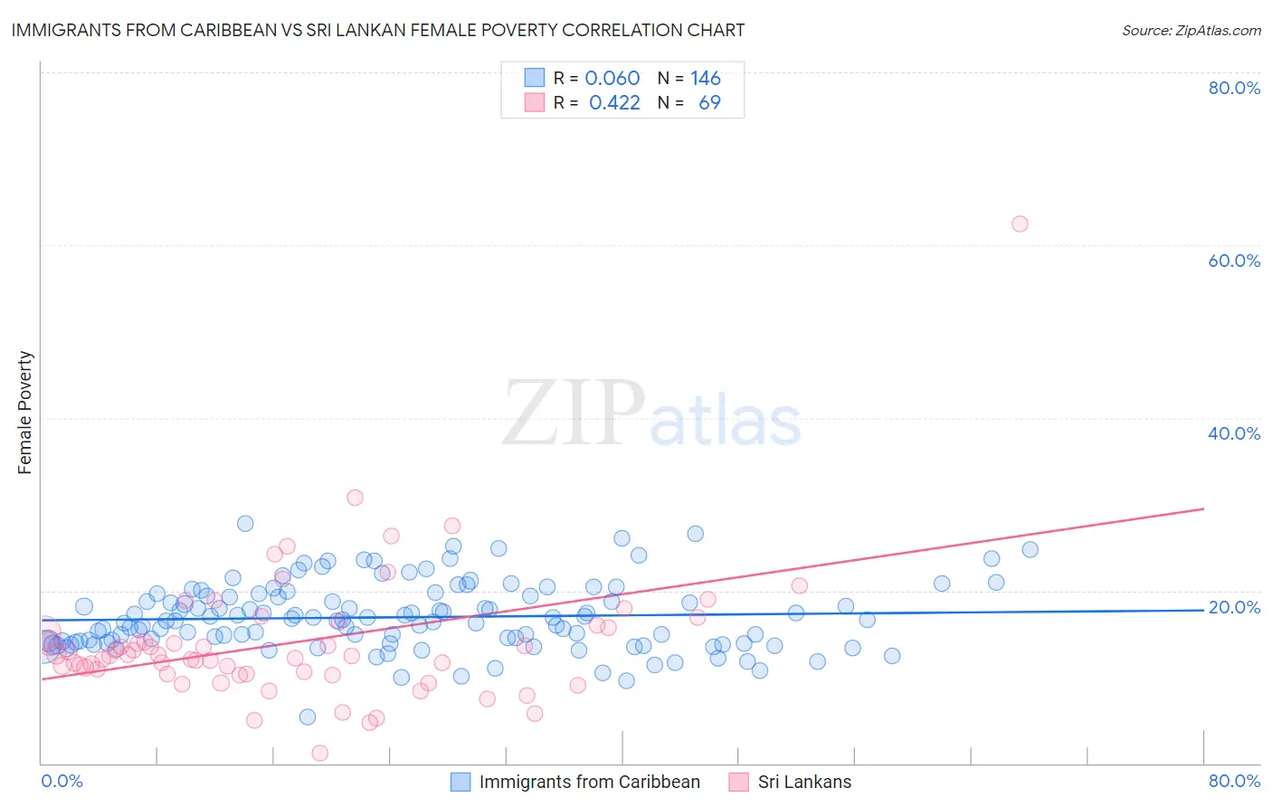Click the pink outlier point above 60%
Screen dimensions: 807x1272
coord(1020,223)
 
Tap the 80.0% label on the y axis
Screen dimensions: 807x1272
coord(1234,88)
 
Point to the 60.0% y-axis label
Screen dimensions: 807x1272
coord(1234,261)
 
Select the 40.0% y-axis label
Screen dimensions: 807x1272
coord(1234,433)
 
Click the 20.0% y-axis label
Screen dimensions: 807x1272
coord(1234,607)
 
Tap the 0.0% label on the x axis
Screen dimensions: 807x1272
coord(62,781)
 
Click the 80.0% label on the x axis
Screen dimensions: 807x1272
coord(1234,781)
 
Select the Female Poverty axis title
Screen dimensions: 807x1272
coord(25,413)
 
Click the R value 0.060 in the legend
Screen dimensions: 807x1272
coord(612,78)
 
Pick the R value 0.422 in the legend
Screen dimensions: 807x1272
coord(614,103)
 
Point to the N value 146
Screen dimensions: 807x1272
coord(706,78)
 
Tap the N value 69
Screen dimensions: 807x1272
coord(709,103)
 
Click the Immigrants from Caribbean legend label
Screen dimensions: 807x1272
coord(589,782)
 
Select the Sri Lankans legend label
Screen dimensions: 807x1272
coord(804,782)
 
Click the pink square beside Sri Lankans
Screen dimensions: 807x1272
coord(738,782)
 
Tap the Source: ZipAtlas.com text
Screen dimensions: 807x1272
coord(1191,31)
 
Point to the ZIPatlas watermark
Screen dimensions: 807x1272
coord(651,414)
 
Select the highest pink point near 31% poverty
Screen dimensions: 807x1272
coord(355,498)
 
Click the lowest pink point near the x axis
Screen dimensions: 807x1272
coord(319,753)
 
